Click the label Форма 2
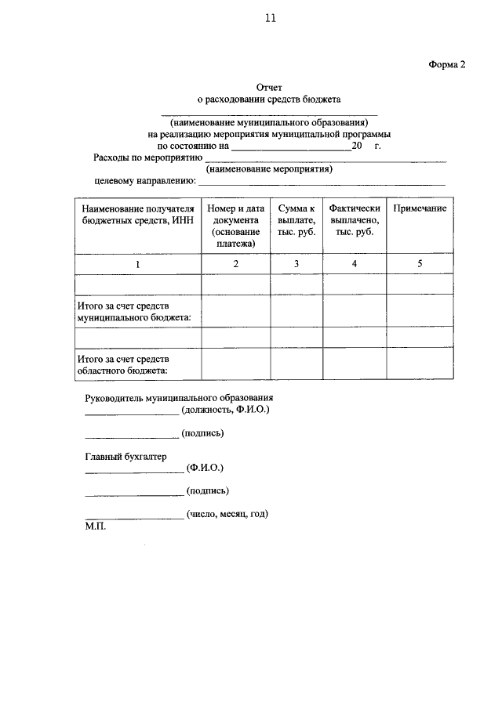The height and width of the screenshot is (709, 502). coord(447,65)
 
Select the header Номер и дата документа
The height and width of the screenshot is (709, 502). coord(236,226)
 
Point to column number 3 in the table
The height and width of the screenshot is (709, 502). coord(296,264)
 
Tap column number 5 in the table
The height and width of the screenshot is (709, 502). coord(420,264)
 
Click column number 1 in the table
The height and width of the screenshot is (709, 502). coord(137,264)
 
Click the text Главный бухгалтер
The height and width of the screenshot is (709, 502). coord(125,456)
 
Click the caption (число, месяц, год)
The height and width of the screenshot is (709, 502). coord(227,514)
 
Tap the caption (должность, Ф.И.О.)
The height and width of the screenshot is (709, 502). coord(225,410)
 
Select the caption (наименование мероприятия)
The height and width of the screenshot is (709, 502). coord(269,168)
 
